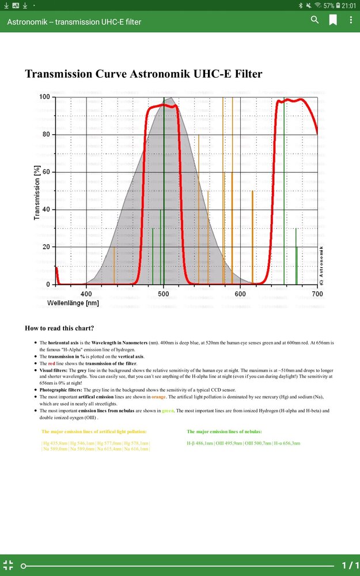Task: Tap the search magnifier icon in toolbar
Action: pos(314,20)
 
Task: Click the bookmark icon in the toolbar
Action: pos(333,20)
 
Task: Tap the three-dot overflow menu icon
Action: pos(351,20)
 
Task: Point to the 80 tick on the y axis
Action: pos(44,135)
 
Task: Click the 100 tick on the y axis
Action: pos(43,97)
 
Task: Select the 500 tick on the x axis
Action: pos(164,294)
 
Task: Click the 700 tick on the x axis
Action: pos(317,294)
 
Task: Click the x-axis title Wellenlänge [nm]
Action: pos(73,303)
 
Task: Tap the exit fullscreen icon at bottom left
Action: pos(8,565)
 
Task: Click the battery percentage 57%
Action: pos(329,5)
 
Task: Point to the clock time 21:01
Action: pos(349,5)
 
